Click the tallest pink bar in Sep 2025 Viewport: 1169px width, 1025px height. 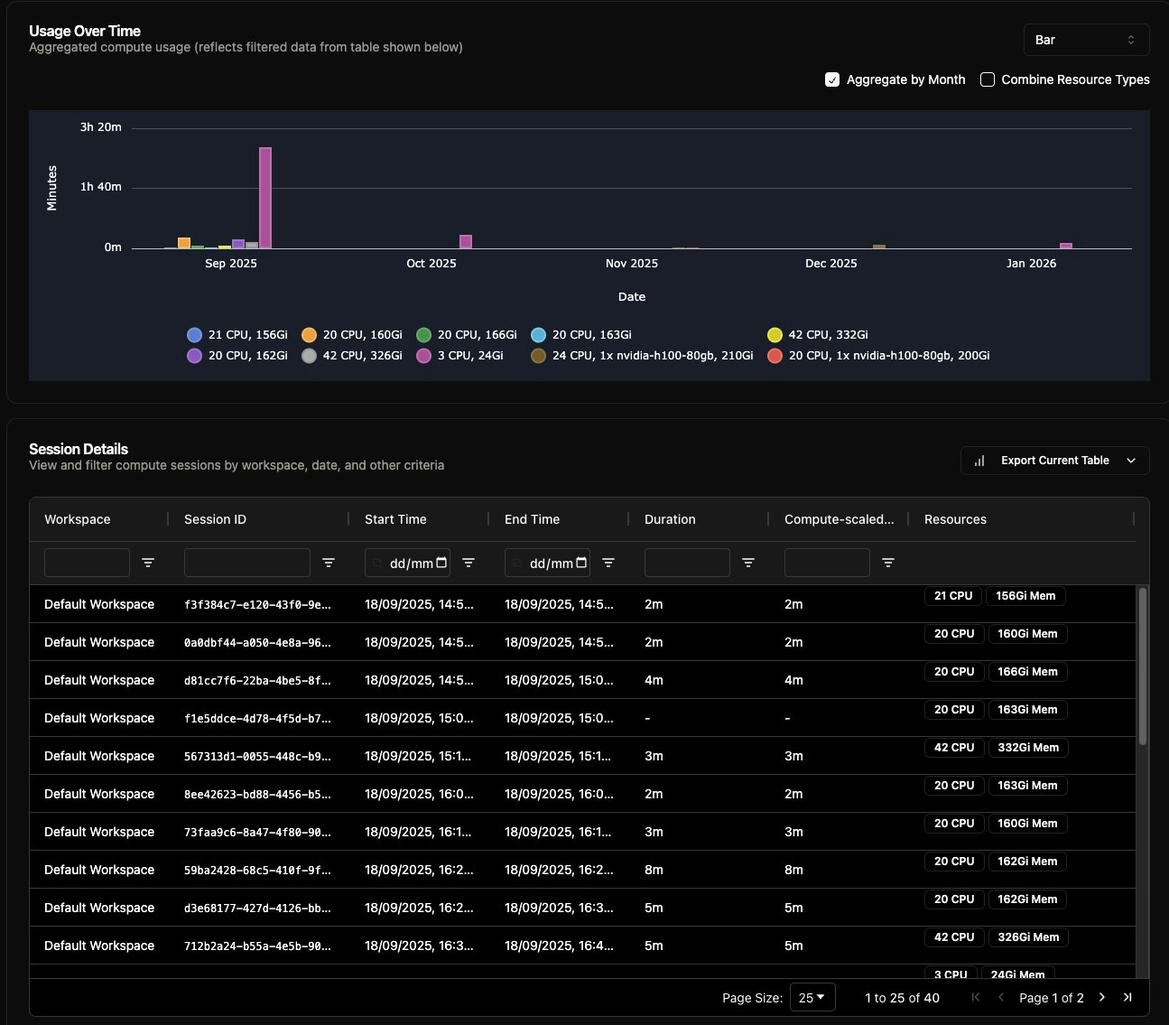265,198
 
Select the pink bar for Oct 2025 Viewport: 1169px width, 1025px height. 466,242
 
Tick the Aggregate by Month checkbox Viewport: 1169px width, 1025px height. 832,79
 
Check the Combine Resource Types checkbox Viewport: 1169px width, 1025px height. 988,79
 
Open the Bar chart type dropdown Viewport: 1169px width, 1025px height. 1086,40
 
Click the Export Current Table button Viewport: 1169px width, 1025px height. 1054,461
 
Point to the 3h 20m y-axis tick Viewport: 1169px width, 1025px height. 100,127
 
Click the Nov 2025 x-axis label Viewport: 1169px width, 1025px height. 631,264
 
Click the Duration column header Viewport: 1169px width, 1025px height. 670,519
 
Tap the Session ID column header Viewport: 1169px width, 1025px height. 215,519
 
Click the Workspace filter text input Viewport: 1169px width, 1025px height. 87,563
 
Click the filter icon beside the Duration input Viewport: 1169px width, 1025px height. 748,563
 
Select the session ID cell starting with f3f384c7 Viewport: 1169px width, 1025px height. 257,605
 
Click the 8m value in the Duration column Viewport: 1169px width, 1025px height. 654,871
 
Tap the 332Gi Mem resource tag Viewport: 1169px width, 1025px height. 1028,748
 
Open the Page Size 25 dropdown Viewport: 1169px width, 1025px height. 812,998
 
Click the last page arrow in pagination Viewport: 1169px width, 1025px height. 1127,998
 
